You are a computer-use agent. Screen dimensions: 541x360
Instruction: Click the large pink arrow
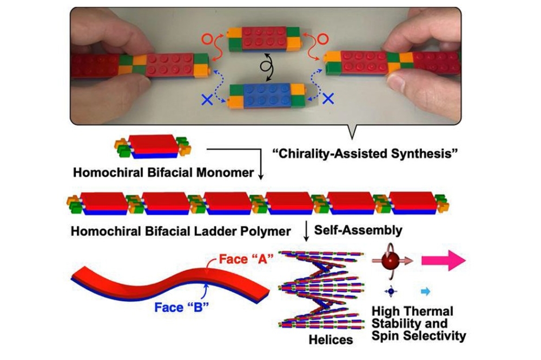(x=444, y=261)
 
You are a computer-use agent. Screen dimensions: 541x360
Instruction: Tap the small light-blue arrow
(x=426, y=292)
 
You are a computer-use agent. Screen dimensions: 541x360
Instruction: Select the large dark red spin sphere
(x=390, y=261)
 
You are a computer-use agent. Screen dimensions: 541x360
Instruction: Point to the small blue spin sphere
(x=391, y=292)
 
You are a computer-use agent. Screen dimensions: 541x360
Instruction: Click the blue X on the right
(x=328, y=99)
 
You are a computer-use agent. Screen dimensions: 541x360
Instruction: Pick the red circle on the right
(x=321, y=38)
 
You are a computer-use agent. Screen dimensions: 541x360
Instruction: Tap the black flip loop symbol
(x=267, y=67)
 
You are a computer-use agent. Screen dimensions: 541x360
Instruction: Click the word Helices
(x=331, y=339)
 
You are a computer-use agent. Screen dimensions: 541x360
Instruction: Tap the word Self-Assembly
(x=358, y=230)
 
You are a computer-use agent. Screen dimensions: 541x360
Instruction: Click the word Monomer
(x=225, y=172)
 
